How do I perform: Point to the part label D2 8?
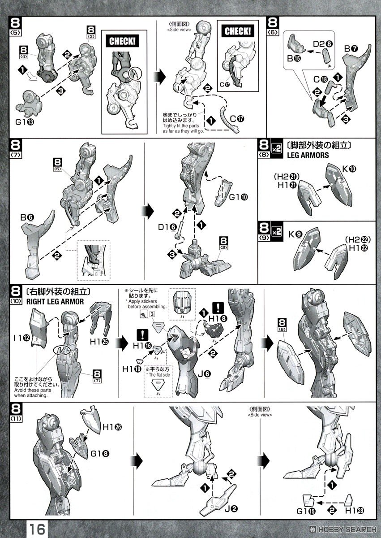tap(322, 44)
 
